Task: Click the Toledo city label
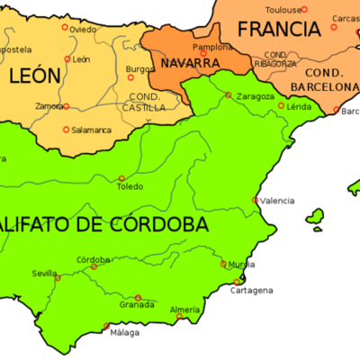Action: tap(130, 188)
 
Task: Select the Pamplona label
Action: tap(212, 46)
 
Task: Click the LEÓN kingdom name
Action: tap(36, 77)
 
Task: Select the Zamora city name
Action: tap(48, 106)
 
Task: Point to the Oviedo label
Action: tap(82, 29)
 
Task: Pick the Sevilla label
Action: tap(44, 272)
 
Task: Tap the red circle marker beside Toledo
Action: tap(121, 176)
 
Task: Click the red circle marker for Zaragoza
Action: tap(229, 94)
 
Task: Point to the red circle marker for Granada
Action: tap(138, 297)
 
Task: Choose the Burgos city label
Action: tap(138, 67)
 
